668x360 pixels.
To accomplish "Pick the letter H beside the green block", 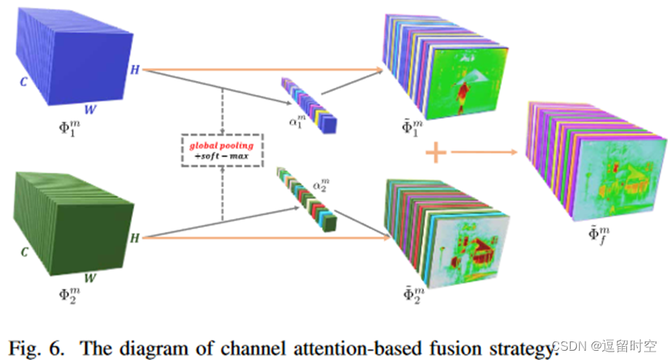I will tap(134, 238).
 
